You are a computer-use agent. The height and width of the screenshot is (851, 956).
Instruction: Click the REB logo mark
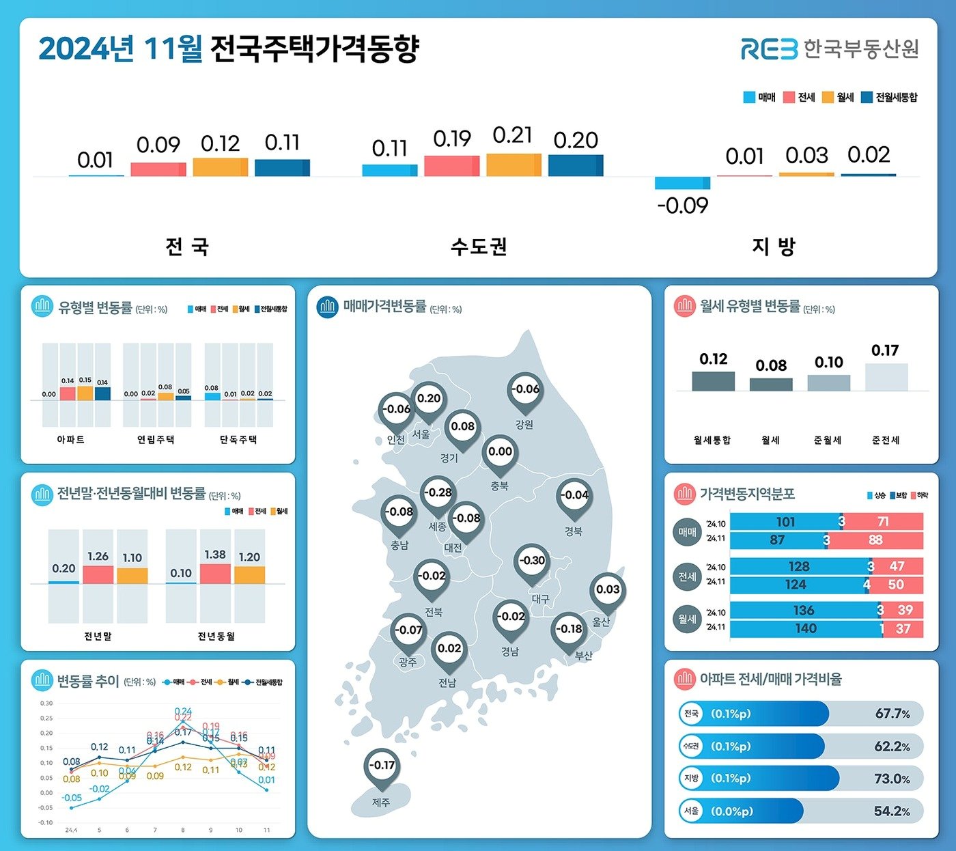pyautogui.click(x=769, y=49)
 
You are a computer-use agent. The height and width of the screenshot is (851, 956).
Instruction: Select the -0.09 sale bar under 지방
pyautogui.click(x=682, y=183)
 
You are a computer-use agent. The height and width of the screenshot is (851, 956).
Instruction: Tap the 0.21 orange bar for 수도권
pyautogui.click(x=514, y=165)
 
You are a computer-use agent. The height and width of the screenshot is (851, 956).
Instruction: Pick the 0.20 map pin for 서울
pyautogui.click(x=429, y=399)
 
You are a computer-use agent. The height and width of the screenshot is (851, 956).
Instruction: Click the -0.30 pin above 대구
pyautogui.click(x=532, y=561)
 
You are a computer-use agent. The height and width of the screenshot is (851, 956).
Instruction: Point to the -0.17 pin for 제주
pyautogui.click(x=382, y=766)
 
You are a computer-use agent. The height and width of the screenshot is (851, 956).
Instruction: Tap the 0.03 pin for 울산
pyautogui.click(x=608, y=590)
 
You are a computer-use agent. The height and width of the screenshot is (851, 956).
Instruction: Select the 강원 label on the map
pyautogui.click(x=524, y=425)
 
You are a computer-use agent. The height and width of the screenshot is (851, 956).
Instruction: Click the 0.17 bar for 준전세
pyautogui.click(x=886, y=377)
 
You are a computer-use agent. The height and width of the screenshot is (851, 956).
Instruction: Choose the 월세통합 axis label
pyautogui.click(x=712, y=441)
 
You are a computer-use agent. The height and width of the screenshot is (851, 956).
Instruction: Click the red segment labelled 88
pyautogui.click(x=876, y=540)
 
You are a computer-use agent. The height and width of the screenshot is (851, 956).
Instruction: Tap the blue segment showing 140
pyautogui.click(x=806, y=628)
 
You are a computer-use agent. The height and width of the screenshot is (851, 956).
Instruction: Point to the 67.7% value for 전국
pyautogui.click(x=892, y=714)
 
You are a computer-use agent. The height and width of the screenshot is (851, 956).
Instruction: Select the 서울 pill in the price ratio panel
pyautogui.click(x=692, y=811)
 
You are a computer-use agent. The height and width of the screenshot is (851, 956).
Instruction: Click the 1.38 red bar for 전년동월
pyautogui.click(x=215, y=574)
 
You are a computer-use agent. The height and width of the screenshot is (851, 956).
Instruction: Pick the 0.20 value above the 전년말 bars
pyautogui.click(x=64, y=568)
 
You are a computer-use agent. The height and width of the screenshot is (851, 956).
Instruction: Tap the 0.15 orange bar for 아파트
pyautogui.click(x=85, y=393)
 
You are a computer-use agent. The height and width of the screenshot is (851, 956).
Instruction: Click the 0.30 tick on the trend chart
pyautogui.click(x=46, y=703)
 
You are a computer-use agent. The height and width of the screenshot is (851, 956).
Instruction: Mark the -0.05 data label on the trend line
pyautogui.click(x=72, y=798)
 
